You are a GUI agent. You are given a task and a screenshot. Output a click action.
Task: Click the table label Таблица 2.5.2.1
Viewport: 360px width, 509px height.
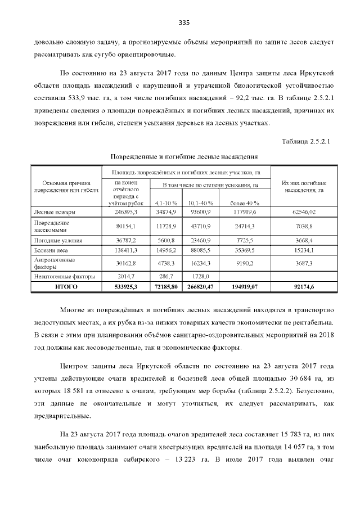tap(307, 141)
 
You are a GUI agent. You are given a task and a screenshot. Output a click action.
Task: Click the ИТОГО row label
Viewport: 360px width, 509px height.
tap(66, 287)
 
